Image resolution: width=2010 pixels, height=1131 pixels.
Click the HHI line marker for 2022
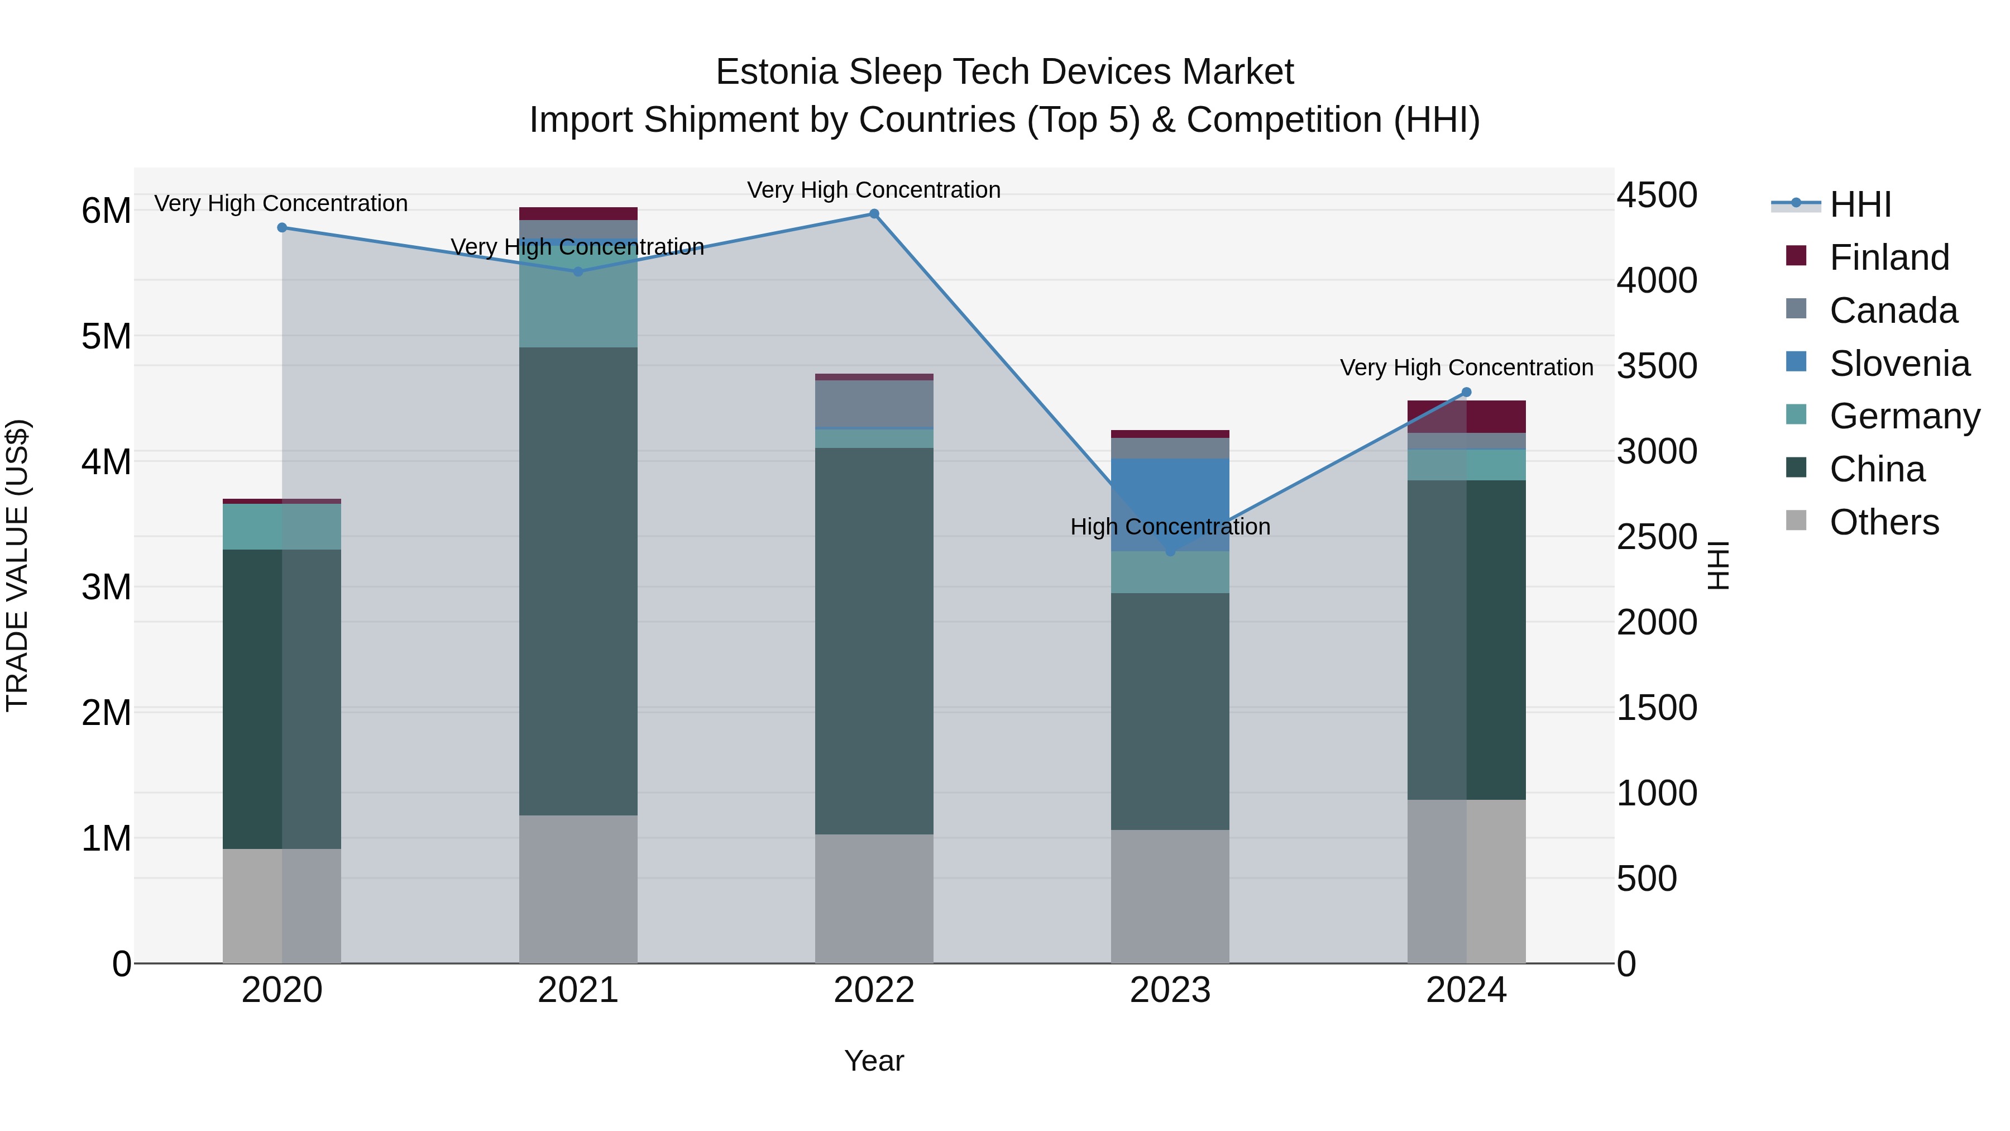pyautogui.click(x=874, y=214)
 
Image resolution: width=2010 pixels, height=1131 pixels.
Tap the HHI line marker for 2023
pyautogui.click(x=1170, y=552)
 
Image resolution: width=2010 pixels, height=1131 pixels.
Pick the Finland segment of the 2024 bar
pyautogui.click(x=1466, y=416)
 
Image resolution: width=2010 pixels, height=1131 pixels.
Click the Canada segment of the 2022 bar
pyautogui.click(x=874, y=404)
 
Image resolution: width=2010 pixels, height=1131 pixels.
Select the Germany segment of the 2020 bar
pyautogui.click(x=282, y=526)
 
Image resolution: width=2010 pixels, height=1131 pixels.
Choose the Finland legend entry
pyautogui.click(x=1888, y=257)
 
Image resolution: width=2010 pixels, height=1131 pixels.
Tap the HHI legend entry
pyautogui.click(x=1860, y=204)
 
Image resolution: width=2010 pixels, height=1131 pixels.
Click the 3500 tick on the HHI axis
pyautogui.click(x=1656, y=366)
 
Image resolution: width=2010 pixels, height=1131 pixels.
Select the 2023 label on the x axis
pyautogui.click(x=1170, y=990)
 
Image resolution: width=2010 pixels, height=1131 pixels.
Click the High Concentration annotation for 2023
pyautogui.click(x=1170, y=527)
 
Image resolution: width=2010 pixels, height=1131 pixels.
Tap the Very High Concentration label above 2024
pyautogui.click(x=1466, y=368)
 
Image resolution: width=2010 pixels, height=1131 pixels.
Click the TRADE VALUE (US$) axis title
pyautogui.click(x=17, y=565)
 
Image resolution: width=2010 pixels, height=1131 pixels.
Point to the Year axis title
pyautogui.click(x=874, y=1061)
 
